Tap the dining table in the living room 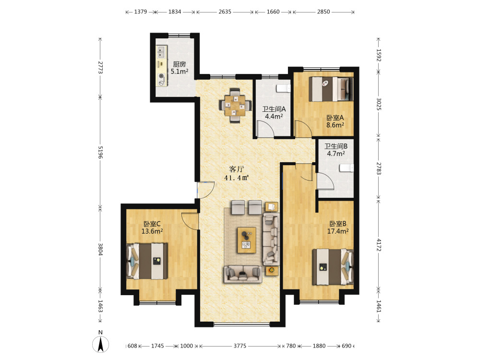pos(235,105)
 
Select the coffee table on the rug pos(247,240)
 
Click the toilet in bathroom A pos(284,88)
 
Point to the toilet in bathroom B pos(347,168)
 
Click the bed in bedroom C pos(147,261)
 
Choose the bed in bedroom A pos(331,89)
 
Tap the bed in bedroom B pos(333,267)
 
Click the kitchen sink pos(161,52)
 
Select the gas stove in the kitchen pos(161,80)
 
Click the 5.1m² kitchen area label pos(180,72)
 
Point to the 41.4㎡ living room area pos(236,178)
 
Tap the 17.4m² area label pos(338,231)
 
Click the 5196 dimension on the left pos(100,152)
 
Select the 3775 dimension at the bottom pos(240,346)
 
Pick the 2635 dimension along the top pos(225,12)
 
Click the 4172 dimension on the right pos(379,245)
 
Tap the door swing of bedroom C pos(190,220)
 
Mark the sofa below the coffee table pos(243,274)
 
